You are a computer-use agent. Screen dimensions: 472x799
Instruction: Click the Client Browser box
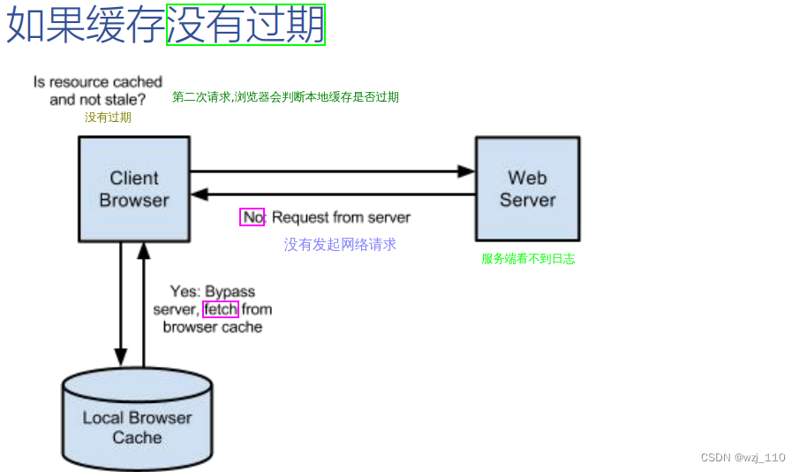pos(134,189)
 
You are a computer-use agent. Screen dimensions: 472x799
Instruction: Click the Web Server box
pos(527,188)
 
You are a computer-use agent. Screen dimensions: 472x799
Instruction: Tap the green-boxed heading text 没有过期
pos(245,25)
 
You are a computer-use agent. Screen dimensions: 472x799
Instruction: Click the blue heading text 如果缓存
pos(86,25)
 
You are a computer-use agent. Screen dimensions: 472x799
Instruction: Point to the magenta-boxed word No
pos(253,217)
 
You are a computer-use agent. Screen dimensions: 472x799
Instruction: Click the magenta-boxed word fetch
pos(220,309)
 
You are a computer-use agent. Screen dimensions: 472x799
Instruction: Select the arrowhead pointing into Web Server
pos(467,171)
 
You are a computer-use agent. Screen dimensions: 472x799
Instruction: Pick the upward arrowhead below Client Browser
pos(143,251)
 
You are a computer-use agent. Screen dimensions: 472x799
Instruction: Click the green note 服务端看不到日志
pos(528,259)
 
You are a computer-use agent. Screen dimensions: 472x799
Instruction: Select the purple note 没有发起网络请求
pos(340,245)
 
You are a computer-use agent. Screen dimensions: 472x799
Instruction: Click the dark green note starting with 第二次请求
pos(285,97)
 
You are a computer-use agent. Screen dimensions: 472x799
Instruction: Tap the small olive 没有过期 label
pos(108,117)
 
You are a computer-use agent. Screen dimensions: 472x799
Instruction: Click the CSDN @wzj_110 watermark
pos(742,457)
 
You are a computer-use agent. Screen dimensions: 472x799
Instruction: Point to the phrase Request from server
pos(341,217)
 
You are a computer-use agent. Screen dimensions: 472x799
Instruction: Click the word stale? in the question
pos(124,100)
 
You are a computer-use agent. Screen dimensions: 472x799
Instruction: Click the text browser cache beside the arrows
pos(213,327)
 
